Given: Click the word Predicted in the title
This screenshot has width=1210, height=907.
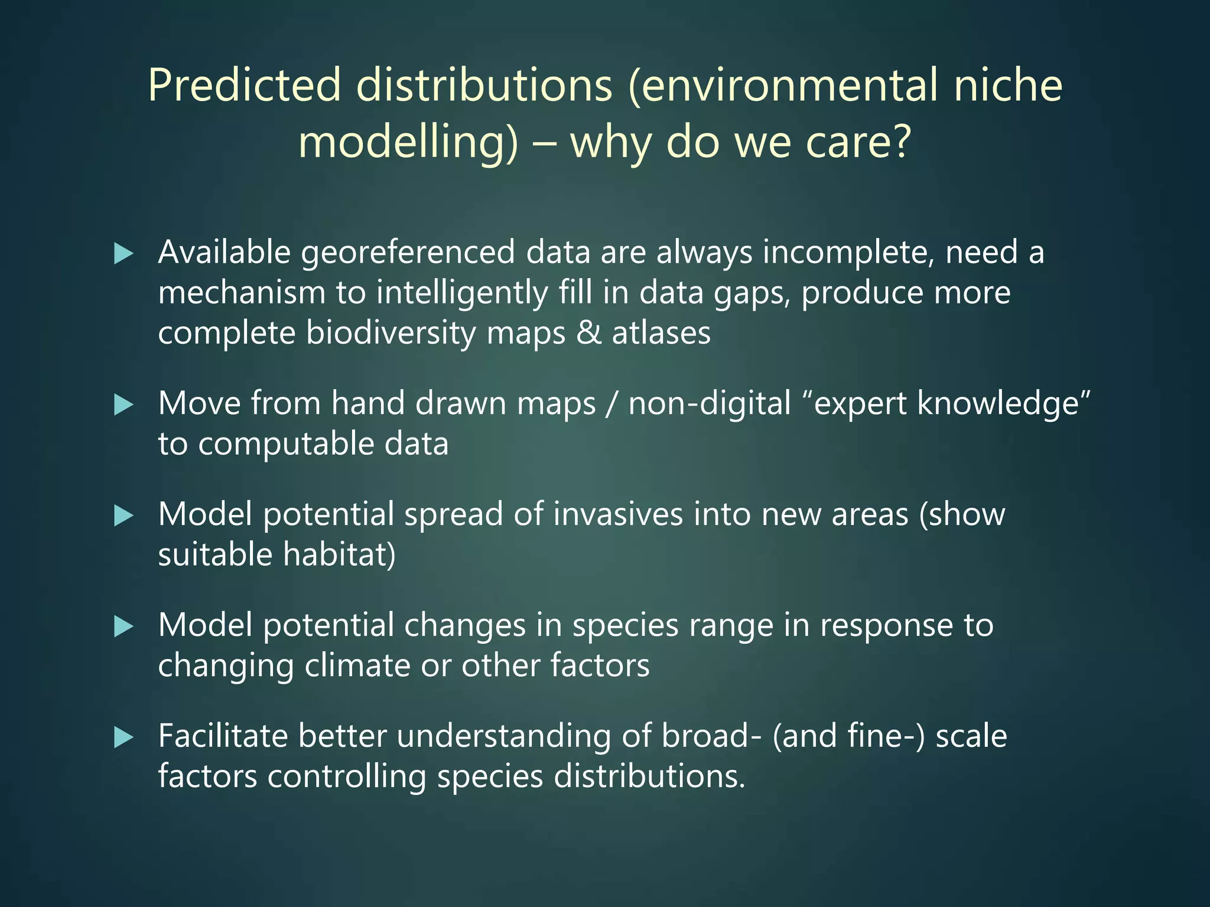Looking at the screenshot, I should point(244,86).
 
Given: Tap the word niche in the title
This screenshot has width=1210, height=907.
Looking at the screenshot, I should point(1008,86).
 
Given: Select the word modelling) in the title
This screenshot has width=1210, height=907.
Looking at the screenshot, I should point(408,143).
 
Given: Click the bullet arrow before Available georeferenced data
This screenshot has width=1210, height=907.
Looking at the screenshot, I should point(123,254).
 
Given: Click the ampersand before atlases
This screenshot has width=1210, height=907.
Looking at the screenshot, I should point(588,333).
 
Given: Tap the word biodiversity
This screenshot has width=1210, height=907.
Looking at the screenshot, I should point(391,333).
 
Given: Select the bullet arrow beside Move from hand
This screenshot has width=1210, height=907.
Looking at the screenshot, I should point(123,405).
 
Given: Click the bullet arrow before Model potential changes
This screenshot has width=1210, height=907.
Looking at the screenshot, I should point(123,627).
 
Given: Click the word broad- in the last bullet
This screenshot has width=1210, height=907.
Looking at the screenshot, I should point(711,737).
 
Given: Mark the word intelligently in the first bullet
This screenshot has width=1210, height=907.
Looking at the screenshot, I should point(462,293).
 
